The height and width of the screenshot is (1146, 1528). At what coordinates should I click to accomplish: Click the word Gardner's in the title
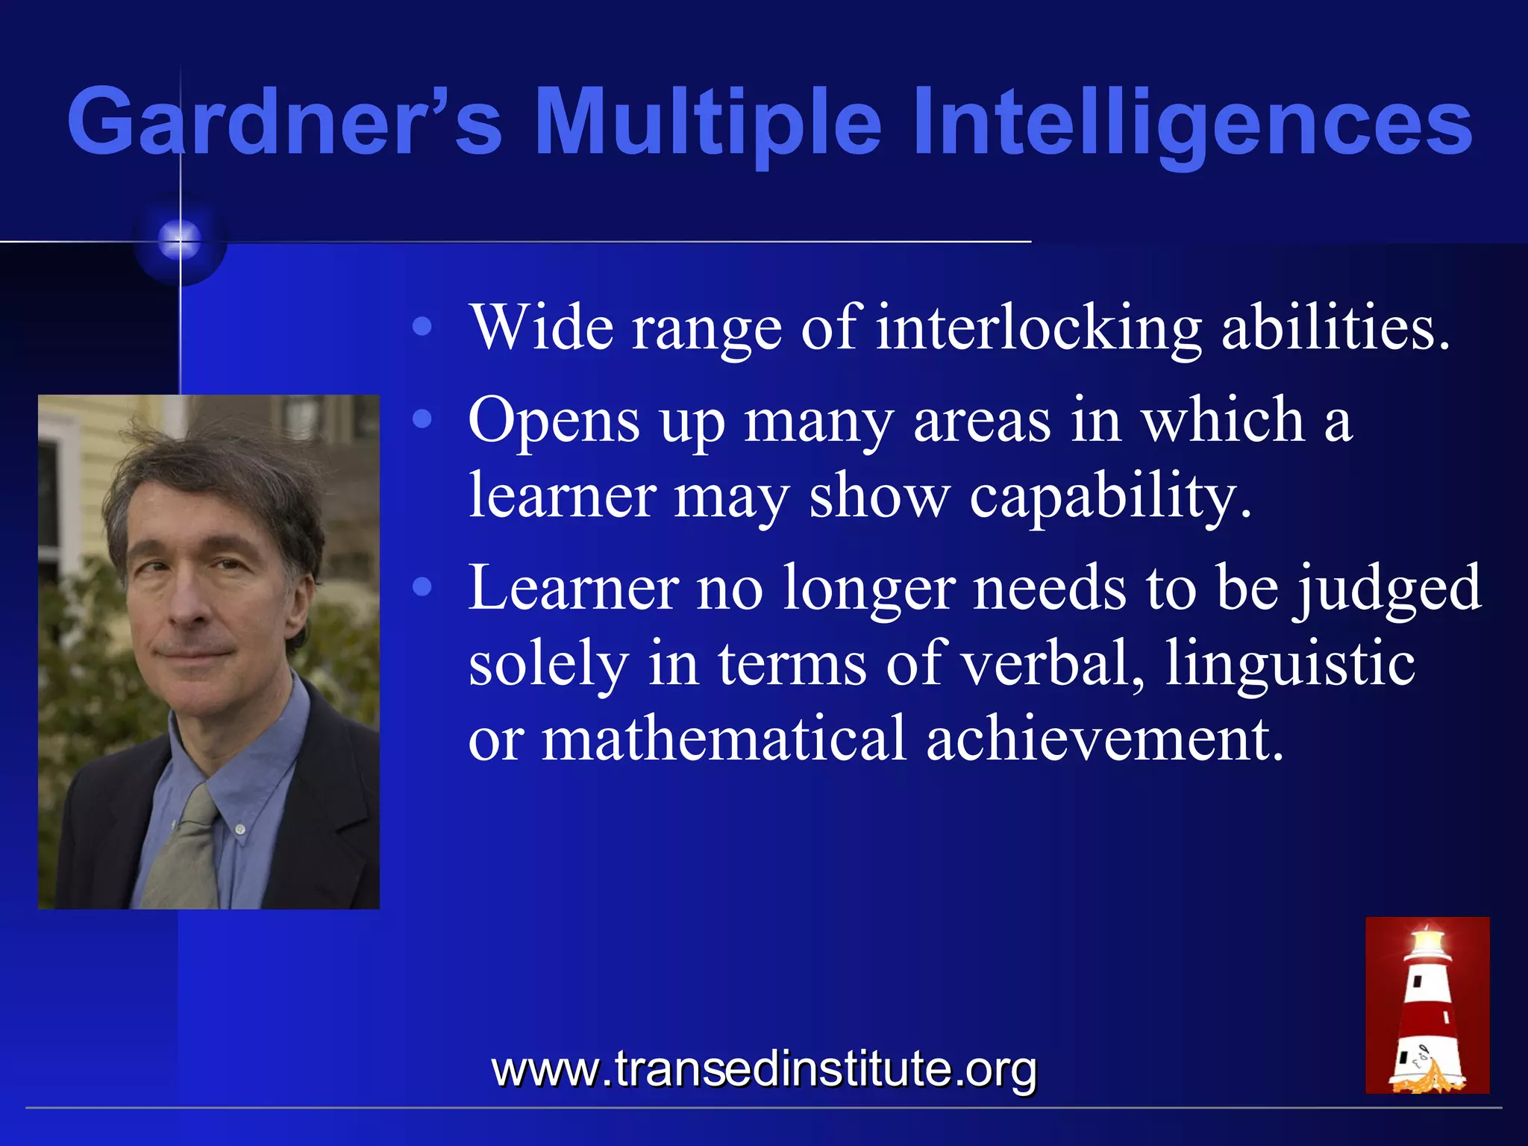pyautogui.click(x=284, y=121)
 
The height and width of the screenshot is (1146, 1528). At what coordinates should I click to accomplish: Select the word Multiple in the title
pyautogui.click(x=708, y=121)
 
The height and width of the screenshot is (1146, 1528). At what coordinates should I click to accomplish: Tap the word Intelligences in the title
pyautogui.click(x=1193, y=121)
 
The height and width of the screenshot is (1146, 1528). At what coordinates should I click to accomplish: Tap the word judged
pyautogui.click(x=1388, y=588)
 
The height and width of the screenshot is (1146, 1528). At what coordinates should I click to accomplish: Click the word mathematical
pyautogui.click(x=724, y=739)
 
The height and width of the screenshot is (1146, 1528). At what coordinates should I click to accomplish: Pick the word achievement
pyautogui.click(x=1105, y=739)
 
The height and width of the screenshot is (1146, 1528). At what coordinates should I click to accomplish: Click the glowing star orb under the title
pyautogui.click(x=180, y=240)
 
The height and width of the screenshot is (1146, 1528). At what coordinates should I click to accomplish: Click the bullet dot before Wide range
pyautogui.click(x=422, y=327)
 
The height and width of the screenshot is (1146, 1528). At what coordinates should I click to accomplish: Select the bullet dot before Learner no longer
pyautogui.click(x=422, y=588)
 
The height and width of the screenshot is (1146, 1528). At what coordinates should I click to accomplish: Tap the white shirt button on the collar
pyautogui.click(x=239, y=828)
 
